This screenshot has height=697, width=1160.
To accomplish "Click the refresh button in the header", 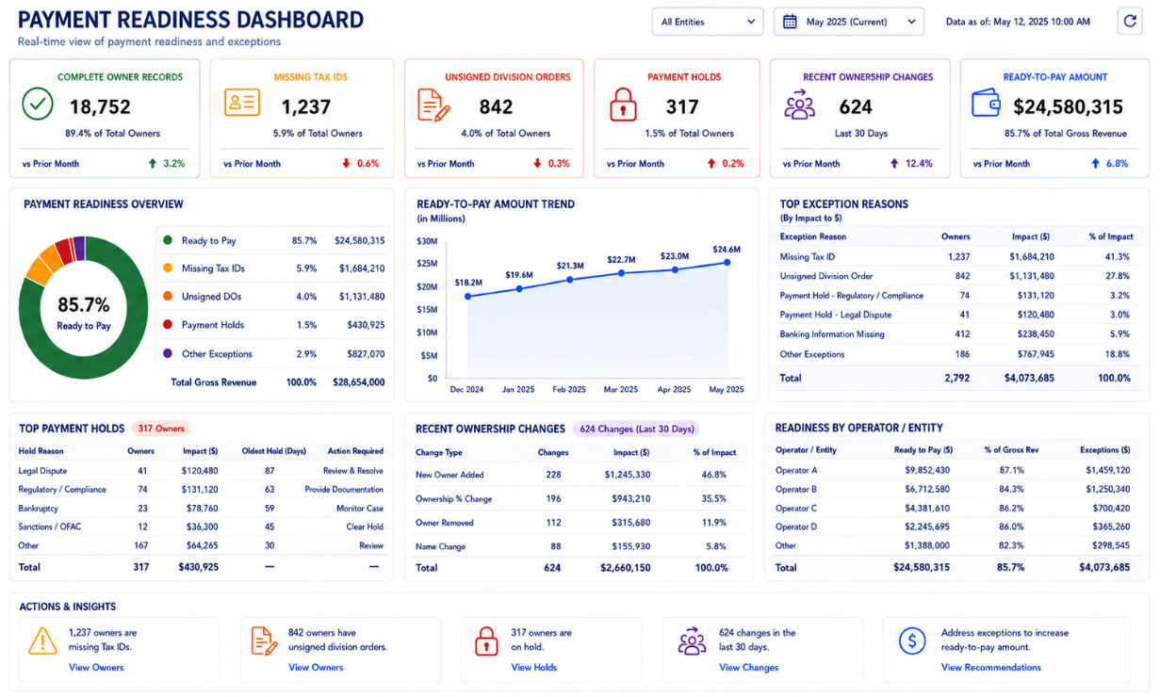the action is (x=1130, y=22).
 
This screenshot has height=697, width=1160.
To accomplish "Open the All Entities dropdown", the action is (x=708, y=22).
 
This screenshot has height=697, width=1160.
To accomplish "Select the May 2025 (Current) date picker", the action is (x=848, y=22).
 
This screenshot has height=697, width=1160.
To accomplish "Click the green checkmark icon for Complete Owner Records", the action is (x=38, y=104).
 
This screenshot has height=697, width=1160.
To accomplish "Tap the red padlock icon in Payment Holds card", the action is (x=623, y=105).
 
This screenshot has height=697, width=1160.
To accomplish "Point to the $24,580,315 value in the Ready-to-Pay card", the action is (x=1068, y=107).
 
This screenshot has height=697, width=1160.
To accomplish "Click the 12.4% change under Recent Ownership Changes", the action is (x=919, y=164).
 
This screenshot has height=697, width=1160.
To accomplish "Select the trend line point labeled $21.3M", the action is (x=570, y=280).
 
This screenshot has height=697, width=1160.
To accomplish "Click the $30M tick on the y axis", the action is (x=427, y=241).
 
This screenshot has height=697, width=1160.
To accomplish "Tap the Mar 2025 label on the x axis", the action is (x=620, y=389).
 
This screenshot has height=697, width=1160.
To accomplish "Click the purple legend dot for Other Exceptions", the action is (x=168, y=353).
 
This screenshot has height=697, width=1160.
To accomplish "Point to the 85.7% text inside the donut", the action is (x=83, y=305).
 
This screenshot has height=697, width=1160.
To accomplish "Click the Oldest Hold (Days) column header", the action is (x=273, y=451).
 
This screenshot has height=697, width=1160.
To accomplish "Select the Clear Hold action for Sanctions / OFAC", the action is (x=365, y=527).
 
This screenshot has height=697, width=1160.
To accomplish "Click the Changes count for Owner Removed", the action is (x=553, y=523).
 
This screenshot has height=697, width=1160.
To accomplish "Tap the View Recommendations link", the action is (x=990, y=668).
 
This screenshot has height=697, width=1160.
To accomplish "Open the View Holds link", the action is (x=534, y=668).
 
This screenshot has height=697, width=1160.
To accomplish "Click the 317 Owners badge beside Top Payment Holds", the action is (x=161, y=429).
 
